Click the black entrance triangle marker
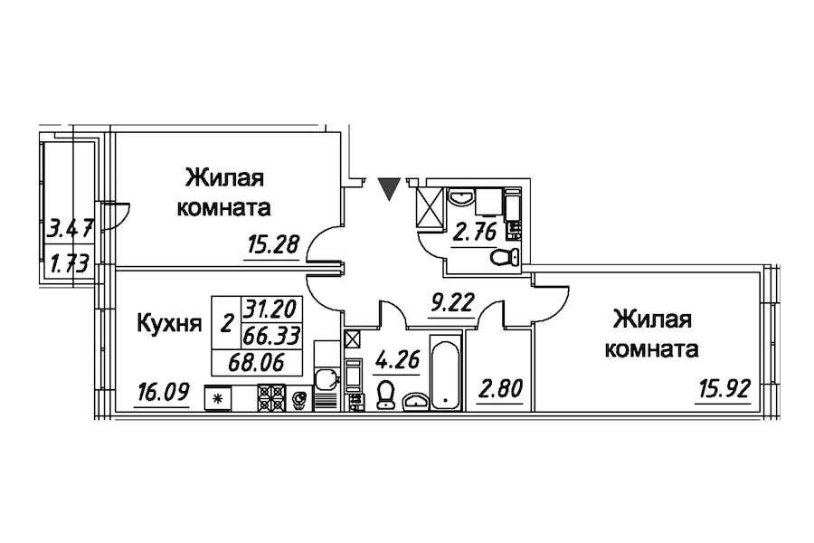[x=389, y=188]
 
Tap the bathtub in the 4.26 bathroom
[x=444, y=373]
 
